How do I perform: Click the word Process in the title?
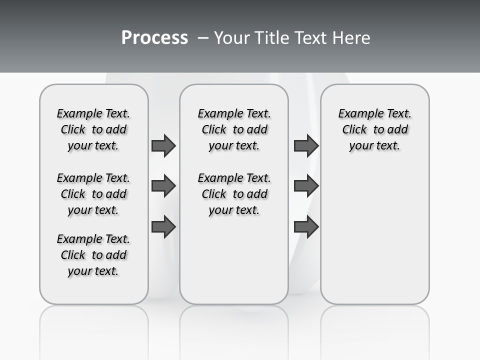pyautogui.click(x=154, y=38)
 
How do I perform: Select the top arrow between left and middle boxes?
pyautogui.click(x=163, y=145)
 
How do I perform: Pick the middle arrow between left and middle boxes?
pyautogui.click(x=163, y=186)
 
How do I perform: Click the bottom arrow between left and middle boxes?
pyautogui.click(x=163, y=226)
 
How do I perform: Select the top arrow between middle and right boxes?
pyautogui.click(x=306, y=145)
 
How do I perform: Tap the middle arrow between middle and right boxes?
pyautogui.click(x=306, y=186)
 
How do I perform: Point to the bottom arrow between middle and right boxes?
pyautogui.click(x=306, y=226)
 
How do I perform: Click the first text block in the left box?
pyautogui.click(x=93, y=129)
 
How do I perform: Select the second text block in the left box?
pyautogui.click(x=93, y=194)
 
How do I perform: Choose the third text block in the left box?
pyautogui.click(x=93, y=255)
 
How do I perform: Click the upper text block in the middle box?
pyautogui.click(x=234, y=129)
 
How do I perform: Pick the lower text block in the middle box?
pyautogui.click(x=234, y=194)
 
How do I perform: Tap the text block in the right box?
pyautogui.click(x=375, y=129)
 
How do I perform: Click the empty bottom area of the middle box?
pyautogui.click(x=234, y=265)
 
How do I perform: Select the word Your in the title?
pyautogui.click(x=230, y=38)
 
